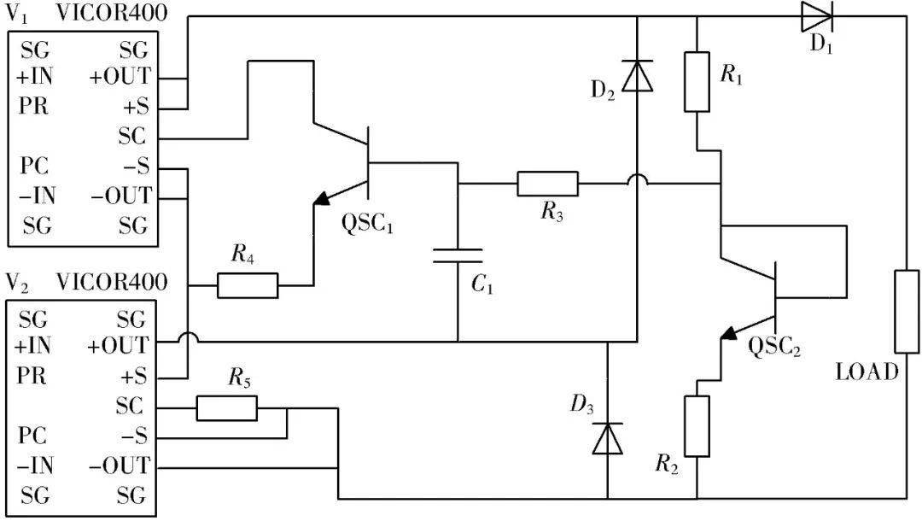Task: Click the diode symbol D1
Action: point(817,16)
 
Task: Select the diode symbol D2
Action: point(638,75)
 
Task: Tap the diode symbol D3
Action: point(608,439)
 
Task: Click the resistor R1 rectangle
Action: point(697,82)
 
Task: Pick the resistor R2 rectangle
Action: point(697,426)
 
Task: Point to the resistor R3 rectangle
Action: point(547,184)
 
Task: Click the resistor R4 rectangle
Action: point(248,286)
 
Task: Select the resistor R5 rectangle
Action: point(226,408)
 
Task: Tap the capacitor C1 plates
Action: point(458,255)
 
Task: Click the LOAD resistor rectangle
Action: point(907,312)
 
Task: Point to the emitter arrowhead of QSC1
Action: point(322,198)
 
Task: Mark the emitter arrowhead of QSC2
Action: point(729,333)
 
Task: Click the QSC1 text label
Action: point(367,225)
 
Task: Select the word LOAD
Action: point(867,372)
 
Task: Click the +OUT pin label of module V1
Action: point(120,77)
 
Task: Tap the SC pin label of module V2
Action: point(130,406)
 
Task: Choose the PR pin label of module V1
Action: point(33,107)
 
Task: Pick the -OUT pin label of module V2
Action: point(120,465)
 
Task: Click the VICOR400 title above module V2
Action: point(112,282)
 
